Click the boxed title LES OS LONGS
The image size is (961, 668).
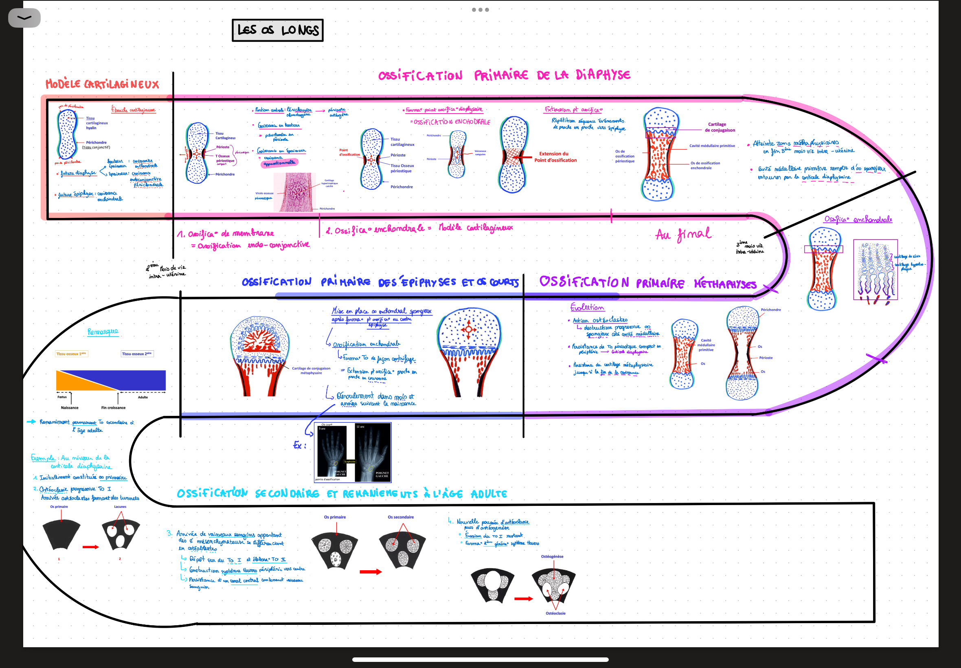(x=278, y=30)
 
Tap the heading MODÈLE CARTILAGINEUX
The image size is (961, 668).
(x=103, y=84)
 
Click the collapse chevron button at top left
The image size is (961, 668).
(x=24, y=18)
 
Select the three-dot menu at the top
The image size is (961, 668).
(x=480, y=10)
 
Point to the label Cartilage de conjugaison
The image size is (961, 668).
(x=719, y=127)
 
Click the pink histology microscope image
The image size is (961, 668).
(x=294, y=192)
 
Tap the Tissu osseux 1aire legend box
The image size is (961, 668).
(x=72, y=354)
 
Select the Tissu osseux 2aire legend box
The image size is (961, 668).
(x=137, y=354)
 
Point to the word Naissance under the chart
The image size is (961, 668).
(x=70, y=408)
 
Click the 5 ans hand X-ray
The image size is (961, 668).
(x=332, y=452)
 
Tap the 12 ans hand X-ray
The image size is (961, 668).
(x=372, y=452)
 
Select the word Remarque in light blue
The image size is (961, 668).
(x=103, y=332)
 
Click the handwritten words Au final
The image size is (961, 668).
(x=683, y=234)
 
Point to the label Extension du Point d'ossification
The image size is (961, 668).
(x=555, y=157)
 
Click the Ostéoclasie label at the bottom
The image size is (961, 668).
(x=555, y=613)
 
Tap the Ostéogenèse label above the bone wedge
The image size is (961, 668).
(x=552, y=556)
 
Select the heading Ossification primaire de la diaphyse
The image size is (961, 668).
(x=504, y=75)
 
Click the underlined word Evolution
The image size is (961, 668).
(x=586, y=307)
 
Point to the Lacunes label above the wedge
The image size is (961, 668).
(x=120, y=506)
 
